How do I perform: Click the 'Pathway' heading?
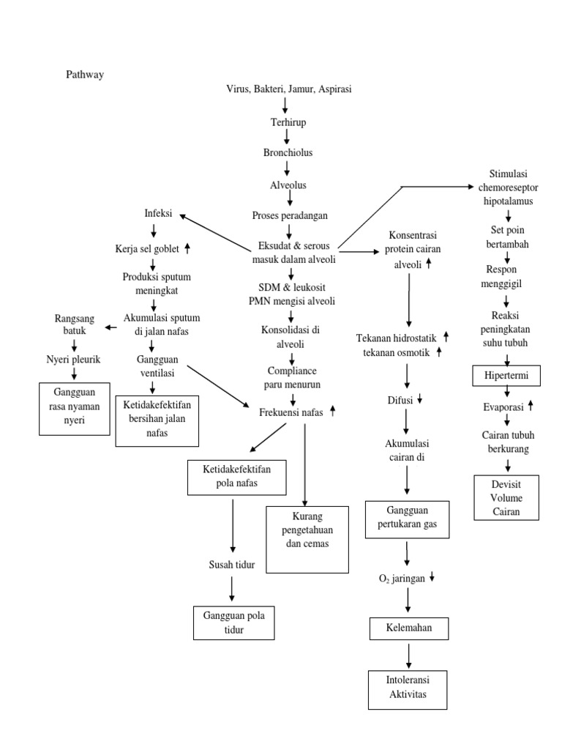coord(86,74)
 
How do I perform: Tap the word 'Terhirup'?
coord(288,122)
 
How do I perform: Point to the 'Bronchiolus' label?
coord(288,153)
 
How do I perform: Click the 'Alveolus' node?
coord(288,185)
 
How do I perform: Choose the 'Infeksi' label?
coord(158,214)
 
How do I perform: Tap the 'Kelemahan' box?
coord(408,628)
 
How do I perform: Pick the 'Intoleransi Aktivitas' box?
coord(408,688)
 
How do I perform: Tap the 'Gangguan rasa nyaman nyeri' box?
coord(74,408)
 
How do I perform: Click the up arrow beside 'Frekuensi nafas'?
coord(332,412)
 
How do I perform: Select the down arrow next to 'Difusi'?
coord(419,400)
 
